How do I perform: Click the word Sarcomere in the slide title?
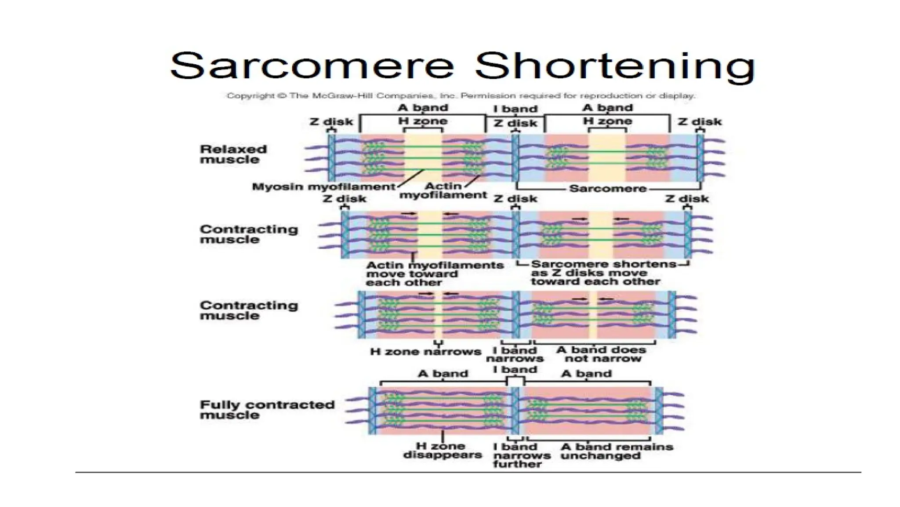[x=312, y=66]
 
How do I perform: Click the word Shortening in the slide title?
[x=615, y=66]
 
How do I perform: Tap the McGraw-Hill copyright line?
[x=461, y=96]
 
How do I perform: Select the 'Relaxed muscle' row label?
[x=233, y=154]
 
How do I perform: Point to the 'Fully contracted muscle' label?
[x=267, y=410]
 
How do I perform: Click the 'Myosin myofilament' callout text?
[x=323, y=187]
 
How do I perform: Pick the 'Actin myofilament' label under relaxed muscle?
[x=443, y=191]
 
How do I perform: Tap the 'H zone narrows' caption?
[x=425, y=352]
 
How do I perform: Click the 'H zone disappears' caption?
[x=442, y=451]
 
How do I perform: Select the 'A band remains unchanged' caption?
[x=617, y=451]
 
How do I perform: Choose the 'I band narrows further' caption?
[x=521, y=456]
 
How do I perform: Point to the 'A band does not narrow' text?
[x=601, y=354]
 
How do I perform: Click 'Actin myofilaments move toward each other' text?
[x=434, y=274]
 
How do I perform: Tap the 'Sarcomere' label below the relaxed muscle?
[x=608, y=189]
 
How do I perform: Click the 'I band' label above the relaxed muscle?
[x=515, y=109]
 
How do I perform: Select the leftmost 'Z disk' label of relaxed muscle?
[x=331, y=122]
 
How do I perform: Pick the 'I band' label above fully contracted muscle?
[x=515, y=370]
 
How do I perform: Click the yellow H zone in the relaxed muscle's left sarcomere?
[x=423, y=158]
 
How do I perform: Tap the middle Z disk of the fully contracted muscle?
[x=516, y=410]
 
